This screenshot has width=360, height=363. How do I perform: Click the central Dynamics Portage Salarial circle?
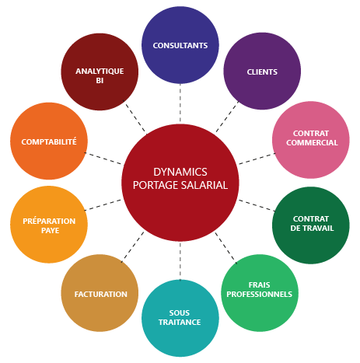pyautogui.click(x=180, y=180)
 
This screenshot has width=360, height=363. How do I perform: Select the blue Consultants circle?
pyautogui.click(x=180, y=44)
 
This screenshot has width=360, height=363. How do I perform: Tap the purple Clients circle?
pyautogui.click(x=262, y=71)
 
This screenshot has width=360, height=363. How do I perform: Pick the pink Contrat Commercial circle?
pyautogui.click(x=311, y=139)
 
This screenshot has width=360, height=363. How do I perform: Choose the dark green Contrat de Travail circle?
pyautogui.click(x=311, y=224)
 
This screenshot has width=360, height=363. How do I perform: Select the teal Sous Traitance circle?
pyautogui.click(x=180, y=317)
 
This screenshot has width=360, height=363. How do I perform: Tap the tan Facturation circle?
pyautogui.click(x=100, y=294)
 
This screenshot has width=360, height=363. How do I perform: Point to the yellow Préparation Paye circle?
pyautogui.click(x=48, y=225)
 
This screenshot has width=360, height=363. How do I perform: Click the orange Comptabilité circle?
pyautogui.click(x=48, y=142)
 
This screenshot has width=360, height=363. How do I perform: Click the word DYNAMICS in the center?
pyautogui.click(x=180, y=172)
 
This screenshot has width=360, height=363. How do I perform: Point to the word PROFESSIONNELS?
pyautogui.click(x=260, y=295)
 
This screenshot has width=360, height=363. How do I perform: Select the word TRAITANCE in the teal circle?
pyautogui.click(x=180, y=322)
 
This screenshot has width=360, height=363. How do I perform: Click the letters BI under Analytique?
pyautogui.click(x=100, y=80)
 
